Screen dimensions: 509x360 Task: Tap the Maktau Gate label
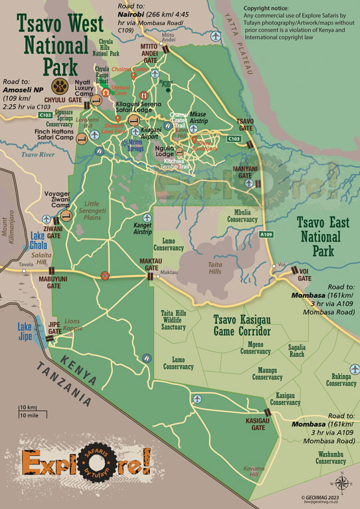click(x=151, y=263)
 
